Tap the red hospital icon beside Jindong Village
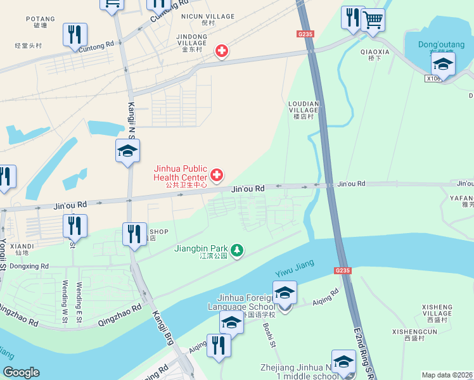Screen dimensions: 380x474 (x=221, y=51)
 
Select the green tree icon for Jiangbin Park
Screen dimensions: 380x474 (x=237, y=251)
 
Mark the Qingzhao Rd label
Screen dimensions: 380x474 (x=119, y=315)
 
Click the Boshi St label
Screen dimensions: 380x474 (x=269, y=334)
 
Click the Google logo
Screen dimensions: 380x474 (x=21, y=372)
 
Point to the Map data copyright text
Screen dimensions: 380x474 (x=447, y=375)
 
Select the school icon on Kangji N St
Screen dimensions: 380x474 (x=127, y=151)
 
